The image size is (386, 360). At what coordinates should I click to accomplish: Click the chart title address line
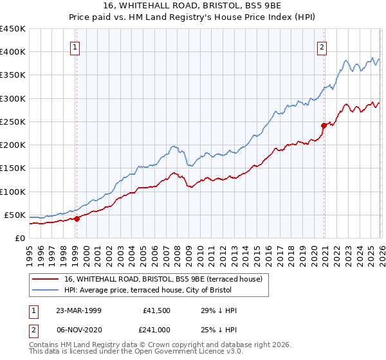click(x=193, y=6)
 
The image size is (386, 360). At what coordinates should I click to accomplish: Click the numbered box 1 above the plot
click(x=76, y=46)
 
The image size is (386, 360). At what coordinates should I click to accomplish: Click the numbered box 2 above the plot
click(x=322, y=46)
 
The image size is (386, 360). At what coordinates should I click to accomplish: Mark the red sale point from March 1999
click(x=77, y=219)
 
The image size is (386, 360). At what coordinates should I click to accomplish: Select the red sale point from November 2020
click(x=324, y=126)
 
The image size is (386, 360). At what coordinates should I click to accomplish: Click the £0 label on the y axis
click(x=19, y=238)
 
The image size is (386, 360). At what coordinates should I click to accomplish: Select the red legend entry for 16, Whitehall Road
click(x=163, y=280)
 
